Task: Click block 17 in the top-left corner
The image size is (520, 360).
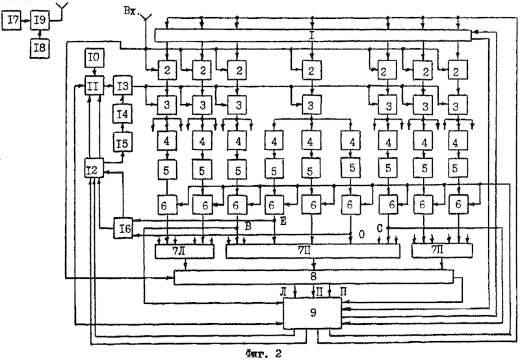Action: point(12,20)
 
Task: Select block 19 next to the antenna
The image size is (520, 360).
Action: point(40,20)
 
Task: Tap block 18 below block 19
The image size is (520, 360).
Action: point(40,48)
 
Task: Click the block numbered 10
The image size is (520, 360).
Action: point(94,58)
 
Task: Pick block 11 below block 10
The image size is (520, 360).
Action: point(94,86)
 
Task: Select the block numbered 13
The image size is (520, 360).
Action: point(123,86)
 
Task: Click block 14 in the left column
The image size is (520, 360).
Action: point(123,114)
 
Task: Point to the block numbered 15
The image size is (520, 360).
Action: point(123,142)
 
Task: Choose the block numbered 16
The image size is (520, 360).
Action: point(123,228)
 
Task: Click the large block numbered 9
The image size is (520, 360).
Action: point(312,313)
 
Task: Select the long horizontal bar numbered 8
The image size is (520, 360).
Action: point(313,277)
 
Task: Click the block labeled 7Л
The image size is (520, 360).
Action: point(185,251)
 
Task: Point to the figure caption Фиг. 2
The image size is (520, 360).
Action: point(264,354)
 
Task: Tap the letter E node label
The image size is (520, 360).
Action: point(283,221)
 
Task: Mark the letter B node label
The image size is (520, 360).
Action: point(248,226)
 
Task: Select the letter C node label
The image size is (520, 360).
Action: point(380,227)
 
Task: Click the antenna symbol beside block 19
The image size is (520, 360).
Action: point(62,10)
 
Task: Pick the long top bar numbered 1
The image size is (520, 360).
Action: point(313,35)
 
